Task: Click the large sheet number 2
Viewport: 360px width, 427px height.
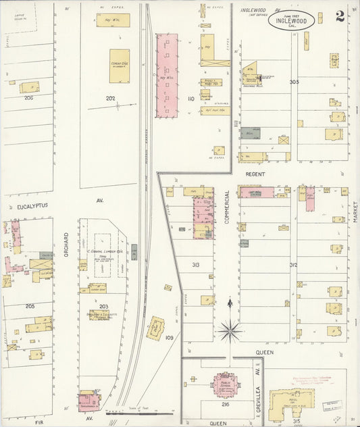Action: point(340,16)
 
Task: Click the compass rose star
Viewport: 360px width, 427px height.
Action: point(230,330)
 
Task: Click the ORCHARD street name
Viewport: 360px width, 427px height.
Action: point(66,244)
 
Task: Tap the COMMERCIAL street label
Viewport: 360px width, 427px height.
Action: point(227,207)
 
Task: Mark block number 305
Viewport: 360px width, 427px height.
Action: point(293,82)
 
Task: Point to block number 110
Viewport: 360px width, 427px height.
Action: point(190,99)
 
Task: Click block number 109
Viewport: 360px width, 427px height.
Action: point(169,337)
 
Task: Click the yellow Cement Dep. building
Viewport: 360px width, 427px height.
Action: point(120,66)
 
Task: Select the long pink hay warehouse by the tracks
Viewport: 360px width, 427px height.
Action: point(167,75)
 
